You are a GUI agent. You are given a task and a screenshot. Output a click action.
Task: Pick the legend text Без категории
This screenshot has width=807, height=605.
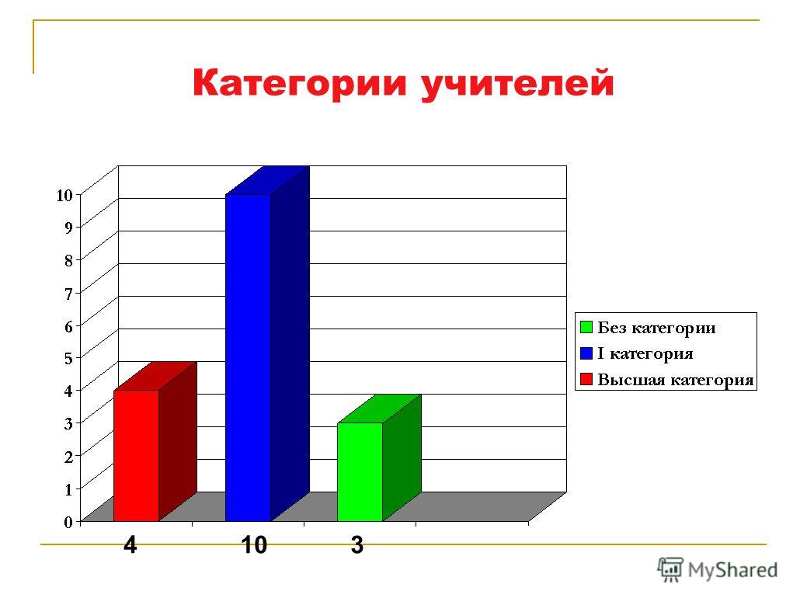[x=656, y=328]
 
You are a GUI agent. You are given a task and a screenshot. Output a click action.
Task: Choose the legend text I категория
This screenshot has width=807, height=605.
[x=645, y=353]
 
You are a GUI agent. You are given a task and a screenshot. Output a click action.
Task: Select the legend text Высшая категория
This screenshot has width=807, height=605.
[x=675, y=380]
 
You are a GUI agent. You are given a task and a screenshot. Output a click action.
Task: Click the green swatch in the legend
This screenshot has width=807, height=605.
[x=586, y=327]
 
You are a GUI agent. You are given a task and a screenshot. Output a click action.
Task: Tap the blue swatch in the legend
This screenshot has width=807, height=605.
[x=586, y=353]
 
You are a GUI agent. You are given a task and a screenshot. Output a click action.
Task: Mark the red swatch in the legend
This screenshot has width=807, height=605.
[x=586, y=379]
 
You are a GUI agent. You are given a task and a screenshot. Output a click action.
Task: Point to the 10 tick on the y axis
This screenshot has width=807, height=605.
[x=64, y=195]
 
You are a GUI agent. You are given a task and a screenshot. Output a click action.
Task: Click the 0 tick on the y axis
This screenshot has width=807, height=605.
[x=68, y=522]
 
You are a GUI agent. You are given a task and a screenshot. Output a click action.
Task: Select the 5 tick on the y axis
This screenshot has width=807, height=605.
[x=68, y=359]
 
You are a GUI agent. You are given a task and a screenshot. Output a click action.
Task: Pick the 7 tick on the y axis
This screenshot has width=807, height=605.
[x=68, y=294]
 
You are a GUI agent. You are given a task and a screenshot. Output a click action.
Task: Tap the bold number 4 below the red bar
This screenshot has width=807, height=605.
[x=130, y=544]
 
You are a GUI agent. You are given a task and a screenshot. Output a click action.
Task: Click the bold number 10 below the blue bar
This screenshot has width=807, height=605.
[x=254, y=544]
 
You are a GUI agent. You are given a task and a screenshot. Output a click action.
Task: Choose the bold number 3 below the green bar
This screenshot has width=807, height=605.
[x=357, y=544]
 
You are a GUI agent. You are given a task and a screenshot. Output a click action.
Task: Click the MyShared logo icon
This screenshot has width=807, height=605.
[x=670, y=570]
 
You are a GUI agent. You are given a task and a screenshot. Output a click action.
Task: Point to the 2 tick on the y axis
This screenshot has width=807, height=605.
[x=68, y=457]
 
